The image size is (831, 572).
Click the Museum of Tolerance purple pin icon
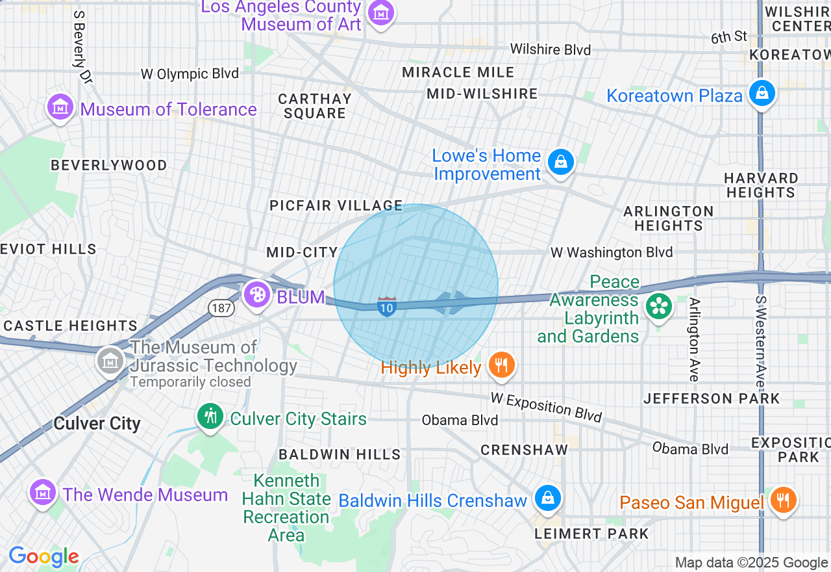coord(60,107)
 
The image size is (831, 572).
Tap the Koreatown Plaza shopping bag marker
coord(762,93)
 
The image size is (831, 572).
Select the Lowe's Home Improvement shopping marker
coord(560,162)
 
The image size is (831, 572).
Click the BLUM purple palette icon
coord(257,295)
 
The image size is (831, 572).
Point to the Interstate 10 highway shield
coord(387,306)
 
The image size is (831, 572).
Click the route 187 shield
coord(221,307)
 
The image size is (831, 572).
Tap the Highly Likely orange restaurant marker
coord(501,365)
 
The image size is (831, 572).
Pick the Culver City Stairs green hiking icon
coord(210,416)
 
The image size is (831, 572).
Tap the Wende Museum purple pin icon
coord(43,493)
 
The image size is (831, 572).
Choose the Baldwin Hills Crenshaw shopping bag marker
coord(548,499)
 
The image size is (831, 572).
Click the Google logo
coord(43,556)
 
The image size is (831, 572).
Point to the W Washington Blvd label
coord(612,252)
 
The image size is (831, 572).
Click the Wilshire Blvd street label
coord(551,49)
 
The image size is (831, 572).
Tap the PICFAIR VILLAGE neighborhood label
coord(336,206)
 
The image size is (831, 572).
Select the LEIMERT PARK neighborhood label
coord(591,534)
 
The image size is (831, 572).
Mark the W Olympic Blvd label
coord(190,74)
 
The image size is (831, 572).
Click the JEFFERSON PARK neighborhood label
coord(712,398)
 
